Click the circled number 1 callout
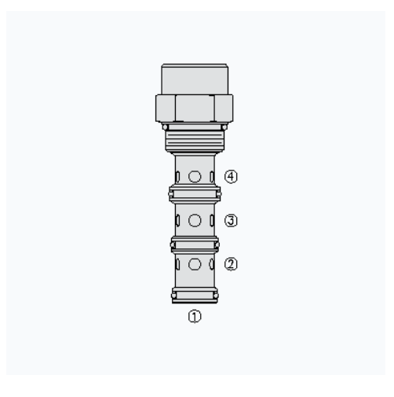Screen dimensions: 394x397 [x=195, y=316]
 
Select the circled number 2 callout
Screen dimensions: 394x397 [x=231, y=264]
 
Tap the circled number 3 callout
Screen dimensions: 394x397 [x=231, y=220]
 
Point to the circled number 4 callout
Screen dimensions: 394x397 [x=231, y=177]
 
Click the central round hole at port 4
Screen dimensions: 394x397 [x=195, y=177]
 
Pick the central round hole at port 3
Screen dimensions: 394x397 [x=195, y=220]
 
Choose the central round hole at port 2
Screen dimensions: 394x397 [x=195, y=264]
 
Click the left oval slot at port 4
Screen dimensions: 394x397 [x=177, y=177]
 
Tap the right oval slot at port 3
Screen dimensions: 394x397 [x=212, y=220]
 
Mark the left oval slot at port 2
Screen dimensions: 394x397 [x=177, y=264]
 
